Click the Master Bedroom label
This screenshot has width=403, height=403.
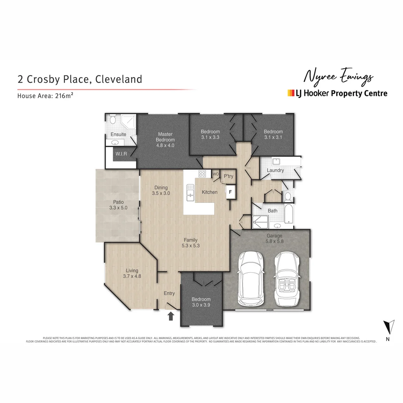point(165,140)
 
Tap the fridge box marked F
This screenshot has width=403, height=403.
point(230,193)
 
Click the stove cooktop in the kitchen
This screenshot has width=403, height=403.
point(202,174)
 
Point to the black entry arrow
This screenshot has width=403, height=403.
point(171,316)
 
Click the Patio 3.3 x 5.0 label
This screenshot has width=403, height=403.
point(118,205)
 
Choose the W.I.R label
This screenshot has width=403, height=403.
point(121,154)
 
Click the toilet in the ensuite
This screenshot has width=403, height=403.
point(113,119)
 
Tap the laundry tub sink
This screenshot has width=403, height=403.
point(277,162)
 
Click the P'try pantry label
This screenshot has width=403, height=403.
point(228,176)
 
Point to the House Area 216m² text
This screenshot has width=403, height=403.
point(45,96)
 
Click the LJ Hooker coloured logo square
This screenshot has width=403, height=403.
point(291,93)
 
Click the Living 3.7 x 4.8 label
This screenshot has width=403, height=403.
point(132,274)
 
